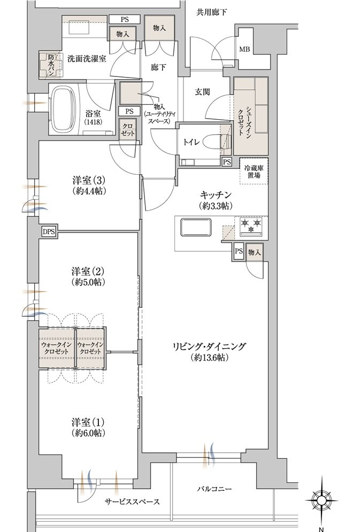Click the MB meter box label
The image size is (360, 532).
[x=244, y=50]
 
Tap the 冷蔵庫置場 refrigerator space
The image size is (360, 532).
[x=254, y=171]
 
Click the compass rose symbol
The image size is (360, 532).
[x=321, y=500]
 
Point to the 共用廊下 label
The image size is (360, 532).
[x=211, y=13]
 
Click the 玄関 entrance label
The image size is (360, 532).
[x=202, y=91]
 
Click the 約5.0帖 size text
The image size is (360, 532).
[x=89, y=282]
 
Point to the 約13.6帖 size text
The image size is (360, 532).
[x=209, y=357]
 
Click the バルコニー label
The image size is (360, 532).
[x=215, y=489]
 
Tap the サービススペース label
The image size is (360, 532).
[x=132, y=502]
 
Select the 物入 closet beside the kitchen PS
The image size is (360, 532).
[x=255, y=252]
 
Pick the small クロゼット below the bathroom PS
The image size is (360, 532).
[x=128, y=129]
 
